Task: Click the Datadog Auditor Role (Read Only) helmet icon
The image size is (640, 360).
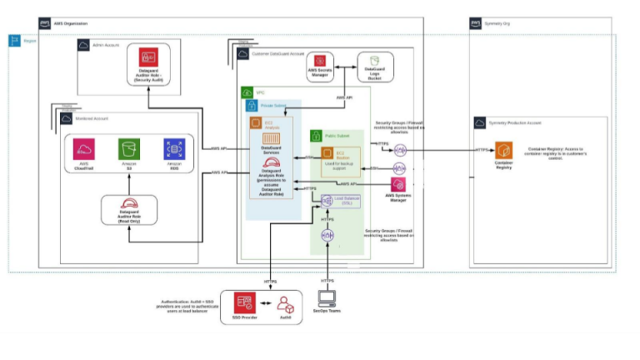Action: coord(129,204)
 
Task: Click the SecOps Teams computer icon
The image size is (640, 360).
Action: coord(327,299)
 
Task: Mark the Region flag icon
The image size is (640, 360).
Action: coord(15,41)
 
